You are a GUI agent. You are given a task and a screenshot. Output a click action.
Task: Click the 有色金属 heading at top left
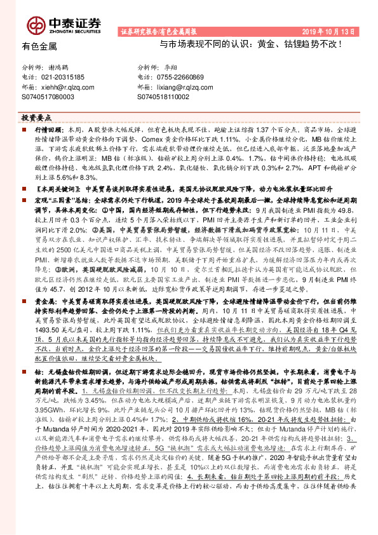(39, 46)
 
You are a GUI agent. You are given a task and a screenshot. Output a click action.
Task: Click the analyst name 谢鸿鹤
(60, 67)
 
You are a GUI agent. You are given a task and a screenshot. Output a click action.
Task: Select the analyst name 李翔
(170, 67)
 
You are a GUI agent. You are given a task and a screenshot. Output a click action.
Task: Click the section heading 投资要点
(36, 118)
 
